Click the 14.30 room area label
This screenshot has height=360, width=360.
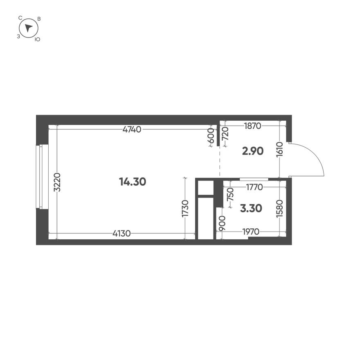pyautogui.click(x=132, y=182)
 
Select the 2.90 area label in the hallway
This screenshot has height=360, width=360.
pyautogui.click(x=252, y=151)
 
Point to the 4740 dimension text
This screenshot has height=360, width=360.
pyautogui.click(x=132, y=130)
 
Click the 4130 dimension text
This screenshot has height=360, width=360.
pyautogui.click(x=122, y=234)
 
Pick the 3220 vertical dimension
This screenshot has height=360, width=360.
pyautogui.click(x=57, y=183)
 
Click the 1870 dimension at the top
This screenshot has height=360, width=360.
pyautogui.click(x=252, y=126)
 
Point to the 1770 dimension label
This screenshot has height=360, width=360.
pyautogui.click(x=254, y=187)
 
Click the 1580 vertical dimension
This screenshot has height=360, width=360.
pyautogui.click(x=280, y=209)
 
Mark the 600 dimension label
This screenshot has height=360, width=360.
pyautogui.click(x=211, y=135)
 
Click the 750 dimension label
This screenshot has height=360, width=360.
pyautogui.click(x=230, y=193)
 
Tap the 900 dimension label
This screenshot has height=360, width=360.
pyautogui.click(x=221, y=224)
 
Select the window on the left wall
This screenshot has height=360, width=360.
pyautogui.click(x=39, y=177)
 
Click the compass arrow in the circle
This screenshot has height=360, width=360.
pyautogui.click(x=28, y=28)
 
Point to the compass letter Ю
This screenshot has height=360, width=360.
pyautogui.click(x=37, y=39)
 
